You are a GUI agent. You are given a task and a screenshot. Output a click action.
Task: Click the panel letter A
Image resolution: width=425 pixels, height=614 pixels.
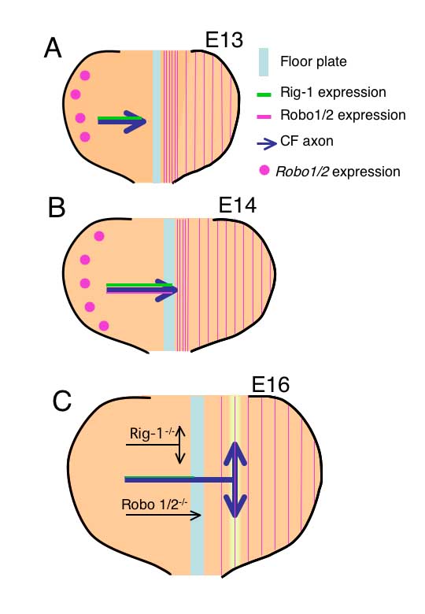click(x=53, y=49)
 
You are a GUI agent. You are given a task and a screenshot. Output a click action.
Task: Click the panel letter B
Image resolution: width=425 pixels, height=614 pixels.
click(x=57, y=207)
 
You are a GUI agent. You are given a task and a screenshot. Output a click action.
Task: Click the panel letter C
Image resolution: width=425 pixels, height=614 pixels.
click(x=62, y=401)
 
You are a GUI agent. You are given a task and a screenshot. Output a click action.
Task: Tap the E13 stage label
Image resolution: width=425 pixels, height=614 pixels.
click(x=224, y=39)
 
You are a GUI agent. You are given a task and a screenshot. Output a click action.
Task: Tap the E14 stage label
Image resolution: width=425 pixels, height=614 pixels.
click(x=237, y=205)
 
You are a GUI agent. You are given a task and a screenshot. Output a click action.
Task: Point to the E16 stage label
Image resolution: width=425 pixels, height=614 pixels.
click(x=270, y=384)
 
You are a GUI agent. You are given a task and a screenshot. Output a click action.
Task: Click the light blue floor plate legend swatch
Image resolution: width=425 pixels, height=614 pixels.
click(x=264, y=62)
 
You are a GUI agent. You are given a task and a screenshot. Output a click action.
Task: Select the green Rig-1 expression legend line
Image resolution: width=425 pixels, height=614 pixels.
click(x=264, y=94)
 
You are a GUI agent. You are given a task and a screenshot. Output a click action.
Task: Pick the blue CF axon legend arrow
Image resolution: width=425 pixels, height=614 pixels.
click(x=267, y=144)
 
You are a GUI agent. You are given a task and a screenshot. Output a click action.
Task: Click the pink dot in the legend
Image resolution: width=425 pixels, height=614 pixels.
click(x=264, y=170)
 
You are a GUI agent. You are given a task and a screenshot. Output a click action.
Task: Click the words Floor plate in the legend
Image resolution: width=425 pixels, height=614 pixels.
click(x=313, y=61)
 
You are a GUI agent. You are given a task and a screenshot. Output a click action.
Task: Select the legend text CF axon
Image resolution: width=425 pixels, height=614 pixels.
click(x=307, y=141)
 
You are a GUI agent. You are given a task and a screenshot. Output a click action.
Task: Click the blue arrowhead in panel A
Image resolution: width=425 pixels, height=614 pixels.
click(x=139, y=122)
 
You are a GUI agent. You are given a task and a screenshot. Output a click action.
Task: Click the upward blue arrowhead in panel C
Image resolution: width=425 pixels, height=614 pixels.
click(x=235, y=454)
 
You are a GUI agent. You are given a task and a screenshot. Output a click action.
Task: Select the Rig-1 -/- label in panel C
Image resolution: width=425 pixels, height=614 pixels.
click(x=152, y=434)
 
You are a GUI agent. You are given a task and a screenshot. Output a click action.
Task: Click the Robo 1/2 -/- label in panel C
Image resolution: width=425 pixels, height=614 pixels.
click(x=154, y=504)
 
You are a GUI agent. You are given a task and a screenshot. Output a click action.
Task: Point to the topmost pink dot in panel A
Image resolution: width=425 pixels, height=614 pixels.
click(x=85, y=76)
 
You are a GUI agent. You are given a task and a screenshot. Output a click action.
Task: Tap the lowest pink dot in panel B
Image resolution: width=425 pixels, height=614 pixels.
click(x=104, y=326)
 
